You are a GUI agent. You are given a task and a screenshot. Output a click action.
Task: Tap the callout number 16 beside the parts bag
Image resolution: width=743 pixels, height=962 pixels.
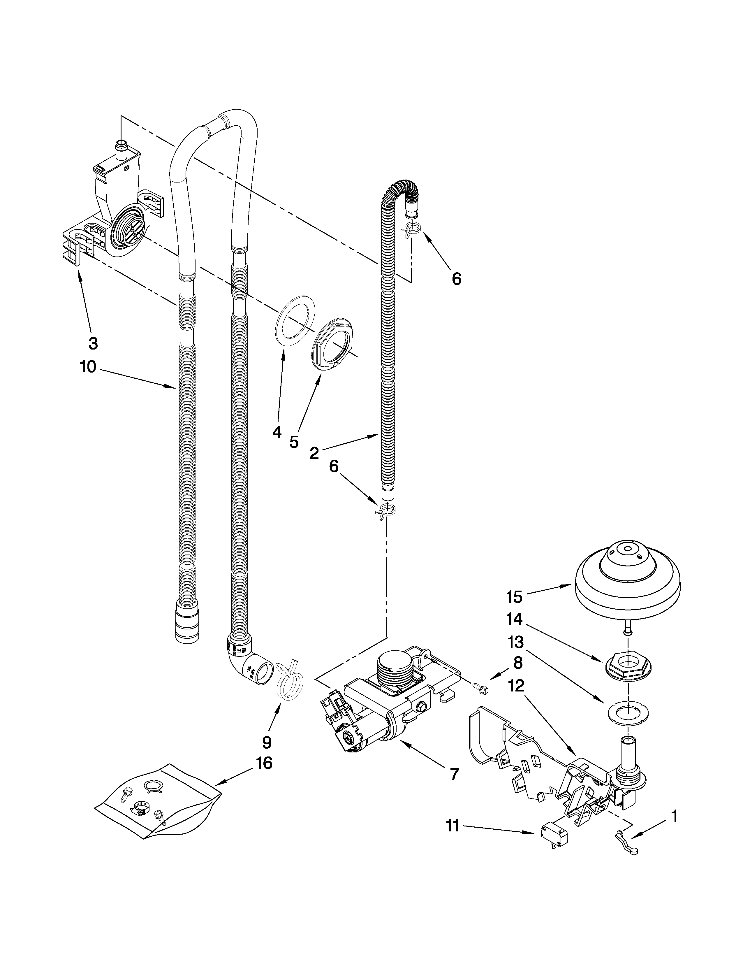tap(264, 763)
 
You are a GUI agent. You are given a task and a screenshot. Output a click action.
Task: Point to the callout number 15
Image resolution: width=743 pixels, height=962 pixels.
tap(514, 597)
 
